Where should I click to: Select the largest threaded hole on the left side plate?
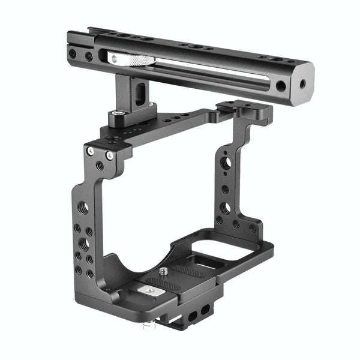click(83, 208)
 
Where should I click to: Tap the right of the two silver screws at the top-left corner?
click(110, 155)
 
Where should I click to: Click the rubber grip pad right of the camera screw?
click(191, 273)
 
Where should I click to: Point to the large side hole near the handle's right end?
click(281, 85)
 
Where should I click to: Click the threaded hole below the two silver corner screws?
click(100, 165)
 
